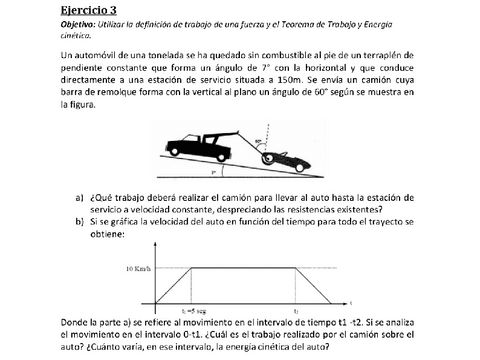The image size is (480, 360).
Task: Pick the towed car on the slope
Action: [x=281, y=157]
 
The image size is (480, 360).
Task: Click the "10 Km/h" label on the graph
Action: [x=141, y=270]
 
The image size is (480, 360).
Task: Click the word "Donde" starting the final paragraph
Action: [x=76, y=323]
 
